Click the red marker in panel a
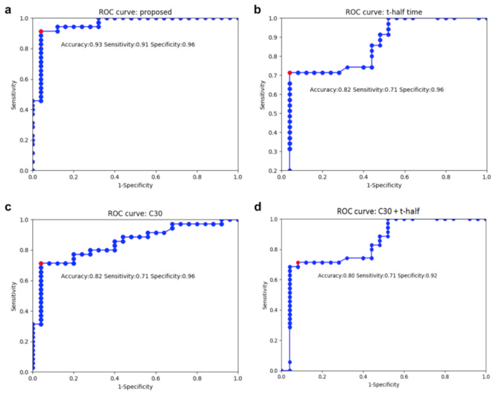pyautogui.click(x=41, y=31)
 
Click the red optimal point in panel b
pyautogui.click(x=289, y=73)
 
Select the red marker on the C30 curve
pyautogui.click(x=41, y=264)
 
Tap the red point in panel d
pyautogui.click(x=298, y=263)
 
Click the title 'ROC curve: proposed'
pyautogui.click(x=135, y=12)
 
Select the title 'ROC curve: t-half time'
pyautogui.click(x=384, y=12)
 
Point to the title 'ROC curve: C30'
pyautogui.click(x=135, y=213)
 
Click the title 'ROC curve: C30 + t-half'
pyautogui.click(x=384, y=211)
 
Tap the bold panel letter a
pyautogui.click(x=7, y=9)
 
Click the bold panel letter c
pyautogui.click(x=7, y=208)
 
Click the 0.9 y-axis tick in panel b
pyautogui.click(x=273, y=38)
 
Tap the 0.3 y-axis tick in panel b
pyautogui.click(x=273, y=152)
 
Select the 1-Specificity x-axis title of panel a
pyautogui.click(x=135, y=185)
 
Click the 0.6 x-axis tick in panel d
pyautogui.click(x=404, y=378)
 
